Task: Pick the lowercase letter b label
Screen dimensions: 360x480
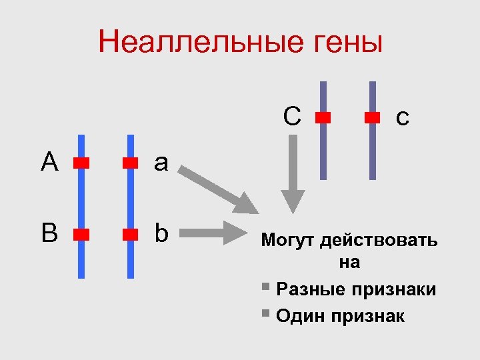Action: pyautogui.click(x=161, y=233)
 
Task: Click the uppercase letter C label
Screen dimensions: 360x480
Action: pyautogui.click(x=291, y=116)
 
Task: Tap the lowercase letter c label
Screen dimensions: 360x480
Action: pyautogui.click(x=402, y=118)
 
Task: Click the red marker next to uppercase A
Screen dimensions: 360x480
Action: pyautogui.click(x=81, y=162)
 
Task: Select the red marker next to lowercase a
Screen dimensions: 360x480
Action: pyautogui.click(x=130, y=162)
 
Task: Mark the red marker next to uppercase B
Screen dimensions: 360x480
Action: pyautogui.click(x=81, y=234)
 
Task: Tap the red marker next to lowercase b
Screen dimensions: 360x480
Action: pyautogui.click(x=130, y=234)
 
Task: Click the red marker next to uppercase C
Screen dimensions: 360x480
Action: pyautogui.click(x=323, y=117)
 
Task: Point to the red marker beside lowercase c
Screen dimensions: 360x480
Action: pyautogui.click(x=373, y=117)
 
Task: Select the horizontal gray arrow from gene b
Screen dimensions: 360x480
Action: pyautogui.click(x=213, y=233)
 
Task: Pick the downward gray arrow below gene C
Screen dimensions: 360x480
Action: pyautogui.click(x=293, y=173)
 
